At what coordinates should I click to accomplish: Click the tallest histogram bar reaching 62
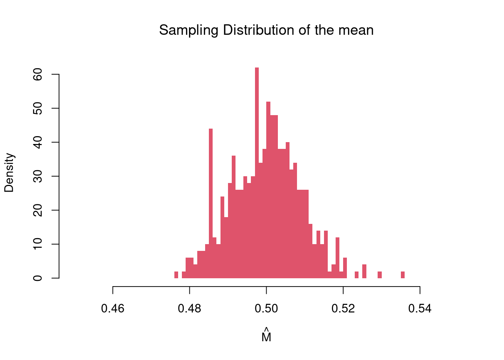click(x=257, y=172)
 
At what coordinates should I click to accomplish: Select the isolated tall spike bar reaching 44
click(x=211, y=202)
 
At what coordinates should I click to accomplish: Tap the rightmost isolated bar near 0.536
click(x=403, y=275)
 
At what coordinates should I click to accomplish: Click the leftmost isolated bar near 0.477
click(x=176, y=275)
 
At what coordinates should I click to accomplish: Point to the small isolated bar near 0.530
click(x=379, y=275)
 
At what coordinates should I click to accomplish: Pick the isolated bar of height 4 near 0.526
click(x=364, y=271)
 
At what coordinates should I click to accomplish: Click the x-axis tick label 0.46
click(x=113, y=309)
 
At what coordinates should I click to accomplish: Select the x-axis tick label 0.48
click(x=190, y=309)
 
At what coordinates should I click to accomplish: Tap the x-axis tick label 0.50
click(x=266, y=309)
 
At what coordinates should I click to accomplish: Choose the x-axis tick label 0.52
click(x=343, y=309)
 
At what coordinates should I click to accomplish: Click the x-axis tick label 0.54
click(x=420, y=309)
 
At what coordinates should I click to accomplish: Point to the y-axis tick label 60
click(x=37, y=75)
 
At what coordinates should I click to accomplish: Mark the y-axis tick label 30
click(x=37, y=176)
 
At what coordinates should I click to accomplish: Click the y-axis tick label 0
click(x=37, y=278)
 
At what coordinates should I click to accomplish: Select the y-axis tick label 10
click(x=37, y=244)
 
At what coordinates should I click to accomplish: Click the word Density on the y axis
click(x=9, y=172)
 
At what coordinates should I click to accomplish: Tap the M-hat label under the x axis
click(x=266, y=336)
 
